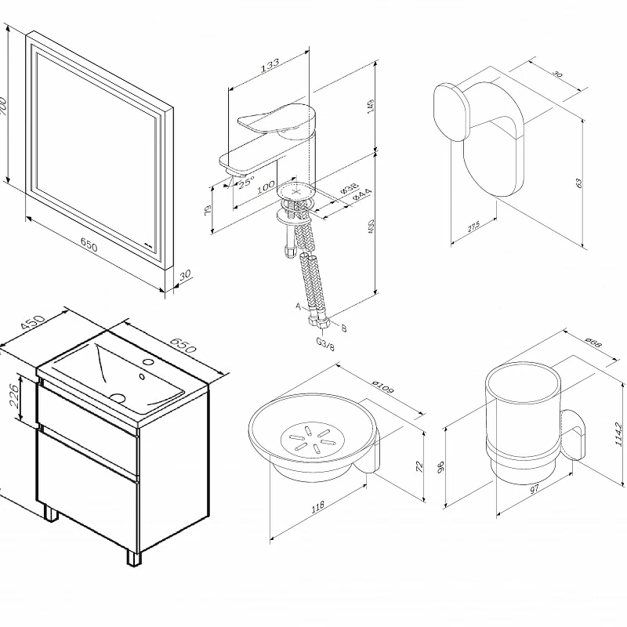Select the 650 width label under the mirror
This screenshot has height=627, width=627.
point(89,246)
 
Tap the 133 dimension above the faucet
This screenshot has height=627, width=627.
point(270,66)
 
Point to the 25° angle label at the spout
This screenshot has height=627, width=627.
point(246,182)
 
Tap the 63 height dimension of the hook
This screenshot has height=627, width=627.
point(579,182)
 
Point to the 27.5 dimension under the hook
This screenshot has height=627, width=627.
point(473,228)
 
